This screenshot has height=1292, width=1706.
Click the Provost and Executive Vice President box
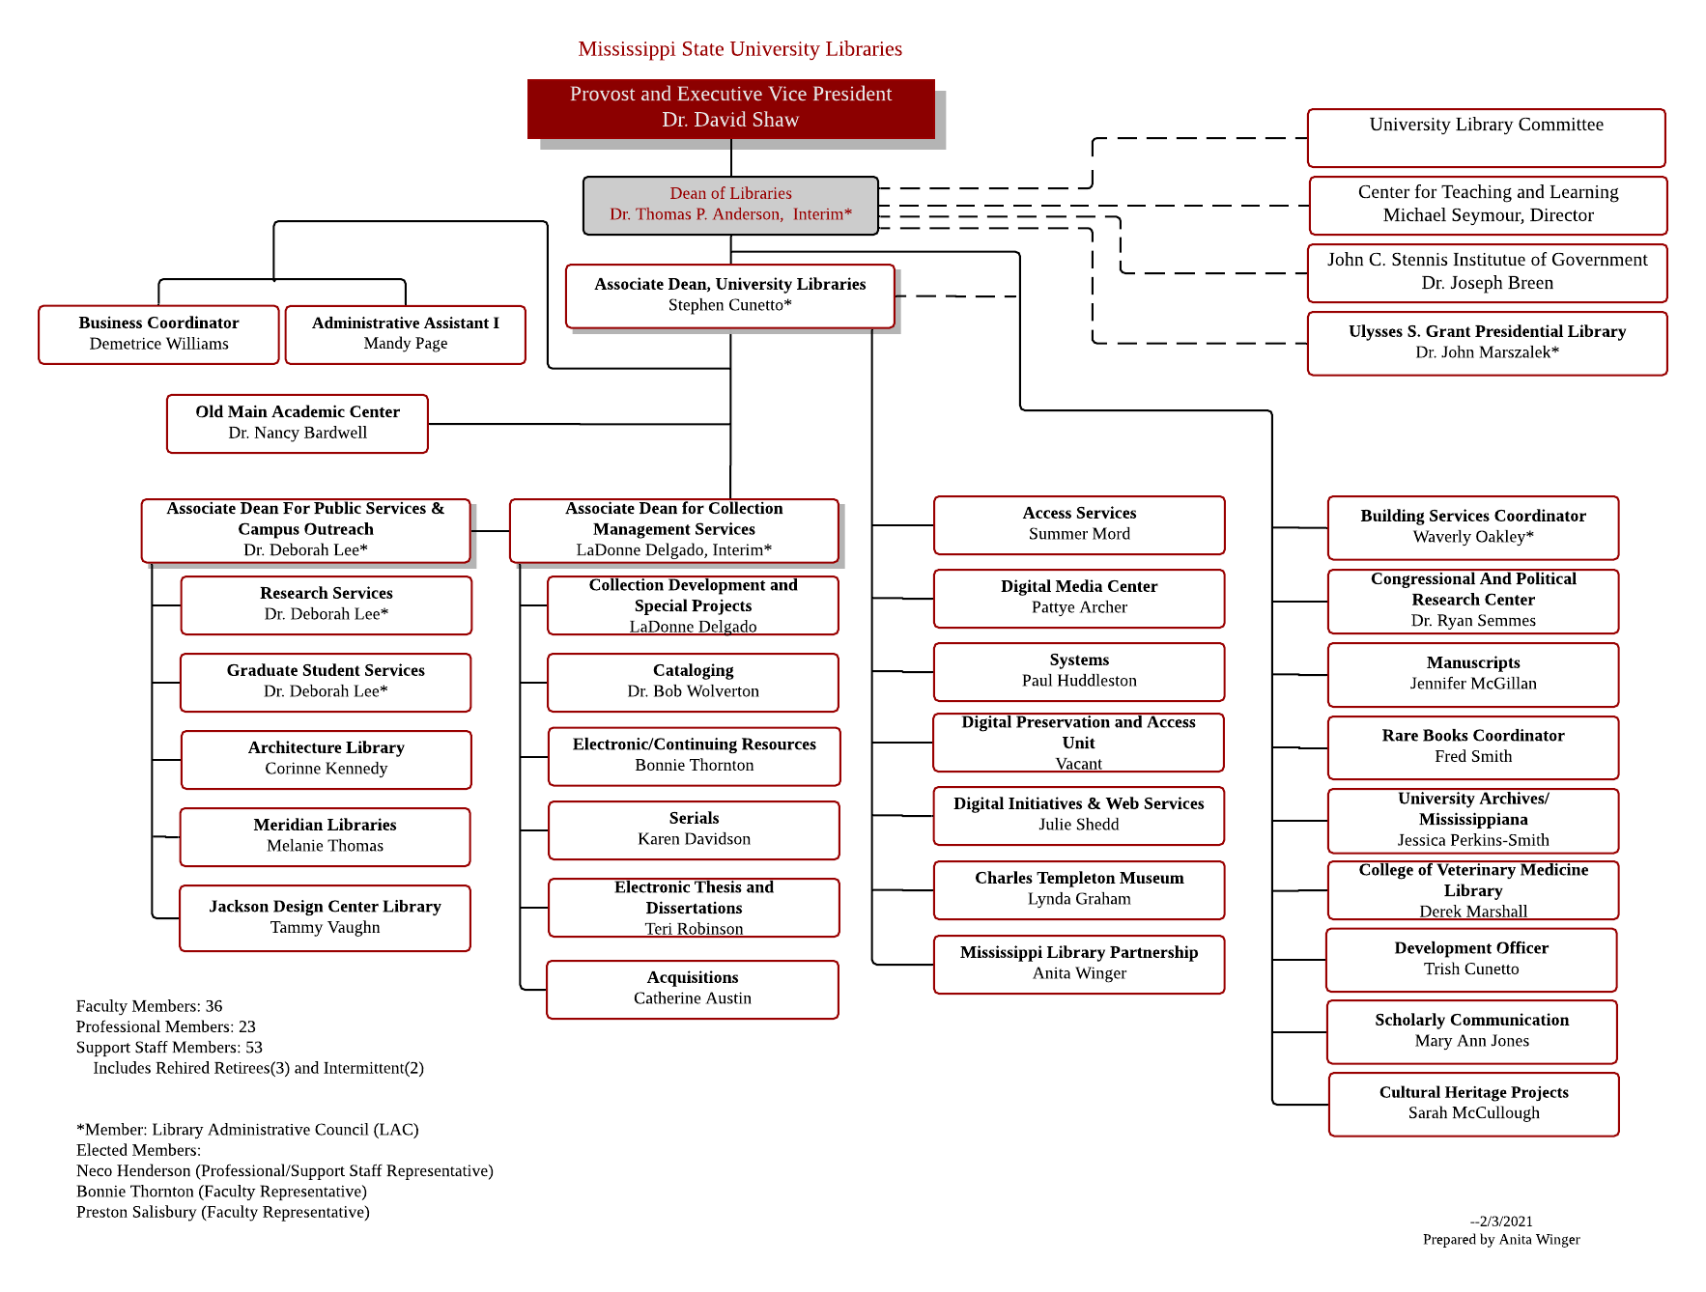[730, 108]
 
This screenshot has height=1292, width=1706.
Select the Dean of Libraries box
[730, 205]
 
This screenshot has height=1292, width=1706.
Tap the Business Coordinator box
[158, 334]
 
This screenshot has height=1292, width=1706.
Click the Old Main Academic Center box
[298, 423]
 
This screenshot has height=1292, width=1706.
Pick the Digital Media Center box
[1079, 598]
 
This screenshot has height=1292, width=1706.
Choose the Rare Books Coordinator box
[1473, 746]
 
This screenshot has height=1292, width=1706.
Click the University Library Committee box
[1486, 137]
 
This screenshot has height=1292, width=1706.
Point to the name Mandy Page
[406, 344]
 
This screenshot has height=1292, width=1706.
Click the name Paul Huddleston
[1079, 681]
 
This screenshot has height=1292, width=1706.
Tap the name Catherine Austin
[693, 998]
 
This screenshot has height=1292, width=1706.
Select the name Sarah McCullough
[1473, 1113]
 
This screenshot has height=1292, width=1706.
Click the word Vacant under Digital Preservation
[1079, 764]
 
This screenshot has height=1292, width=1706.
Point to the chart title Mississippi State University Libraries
[740, 49]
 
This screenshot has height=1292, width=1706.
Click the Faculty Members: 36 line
[150, 1006]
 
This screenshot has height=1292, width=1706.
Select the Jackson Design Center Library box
[325, 917]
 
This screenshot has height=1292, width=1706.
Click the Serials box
[694, 829]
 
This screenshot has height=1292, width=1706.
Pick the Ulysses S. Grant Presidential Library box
[1487, 343]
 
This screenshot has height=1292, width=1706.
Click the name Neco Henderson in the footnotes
[134, 1171]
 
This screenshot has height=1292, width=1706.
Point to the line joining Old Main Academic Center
[580, 424]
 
